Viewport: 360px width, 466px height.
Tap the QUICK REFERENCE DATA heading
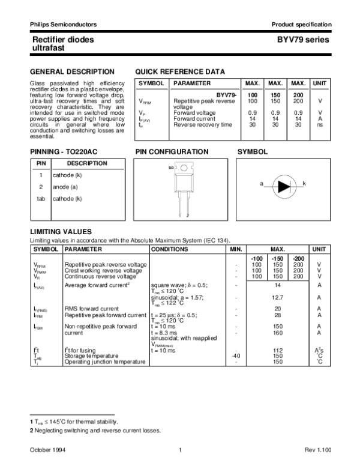point(181,71)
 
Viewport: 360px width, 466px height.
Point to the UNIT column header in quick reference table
point(320,83)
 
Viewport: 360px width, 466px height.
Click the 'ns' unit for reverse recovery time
point(320,125)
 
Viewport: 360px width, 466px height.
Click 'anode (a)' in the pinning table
point(65,187)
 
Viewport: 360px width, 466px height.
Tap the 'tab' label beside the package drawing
point(171,168)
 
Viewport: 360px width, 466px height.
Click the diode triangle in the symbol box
point(281,183)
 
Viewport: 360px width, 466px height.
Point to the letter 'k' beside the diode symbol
point(304,183)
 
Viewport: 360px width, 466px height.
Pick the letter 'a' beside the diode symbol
point(261,183)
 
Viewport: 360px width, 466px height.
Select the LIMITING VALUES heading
point(61,232)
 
